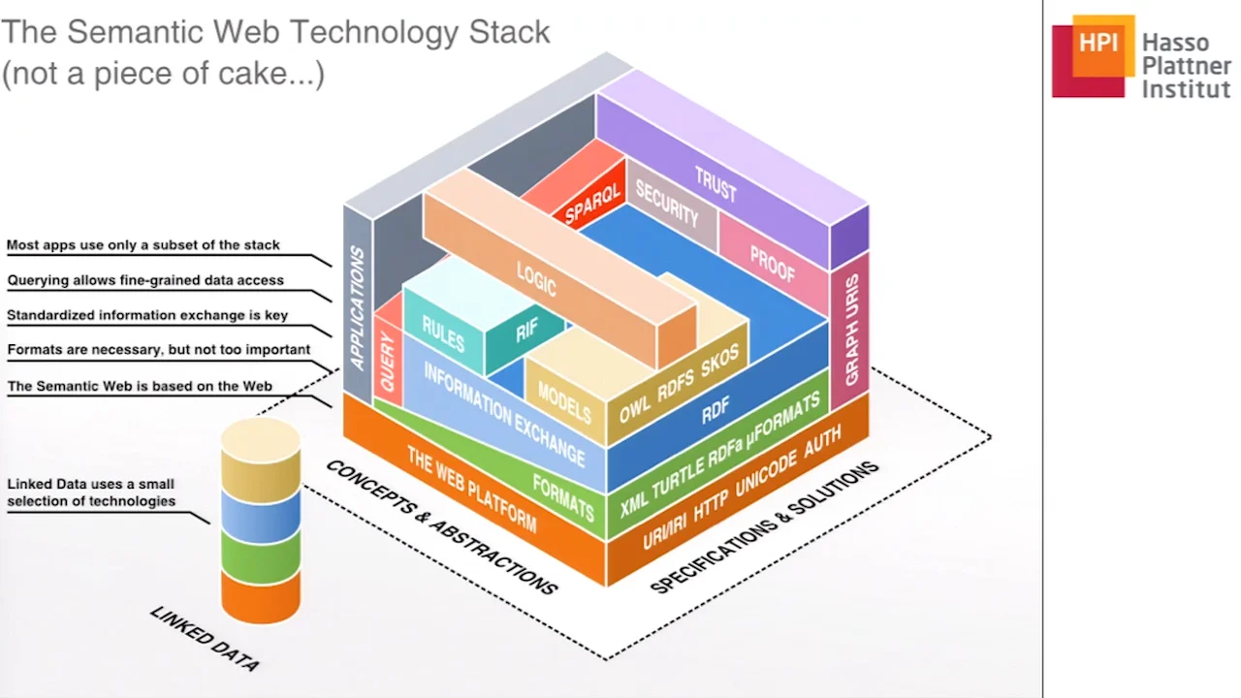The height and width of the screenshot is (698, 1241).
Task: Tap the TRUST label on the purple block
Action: click(x=716, y=182)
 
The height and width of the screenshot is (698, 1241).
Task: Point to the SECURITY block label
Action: click(x=667, y=205)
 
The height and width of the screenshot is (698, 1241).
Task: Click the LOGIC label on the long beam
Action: click(x=536, y=278)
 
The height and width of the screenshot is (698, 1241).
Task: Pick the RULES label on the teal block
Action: click(x=443, y=334)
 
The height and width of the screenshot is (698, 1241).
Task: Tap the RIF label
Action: click(x=526, y=331)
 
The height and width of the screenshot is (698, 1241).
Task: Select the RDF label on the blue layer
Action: click(x=716, y=410)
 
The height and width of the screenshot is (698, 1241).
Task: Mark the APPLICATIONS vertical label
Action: click(x=357, y=308)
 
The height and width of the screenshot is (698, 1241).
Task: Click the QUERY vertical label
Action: click(x=388, y=362)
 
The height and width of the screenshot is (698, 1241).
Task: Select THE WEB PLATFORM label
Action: click(x=471, y=489)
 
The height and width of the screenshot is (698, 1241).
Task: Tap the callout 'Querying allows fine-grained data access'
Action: click(x=145, y=280)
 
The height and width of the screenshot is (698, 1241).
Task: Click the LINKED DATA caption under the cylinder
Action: click(x=205, y=639)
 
